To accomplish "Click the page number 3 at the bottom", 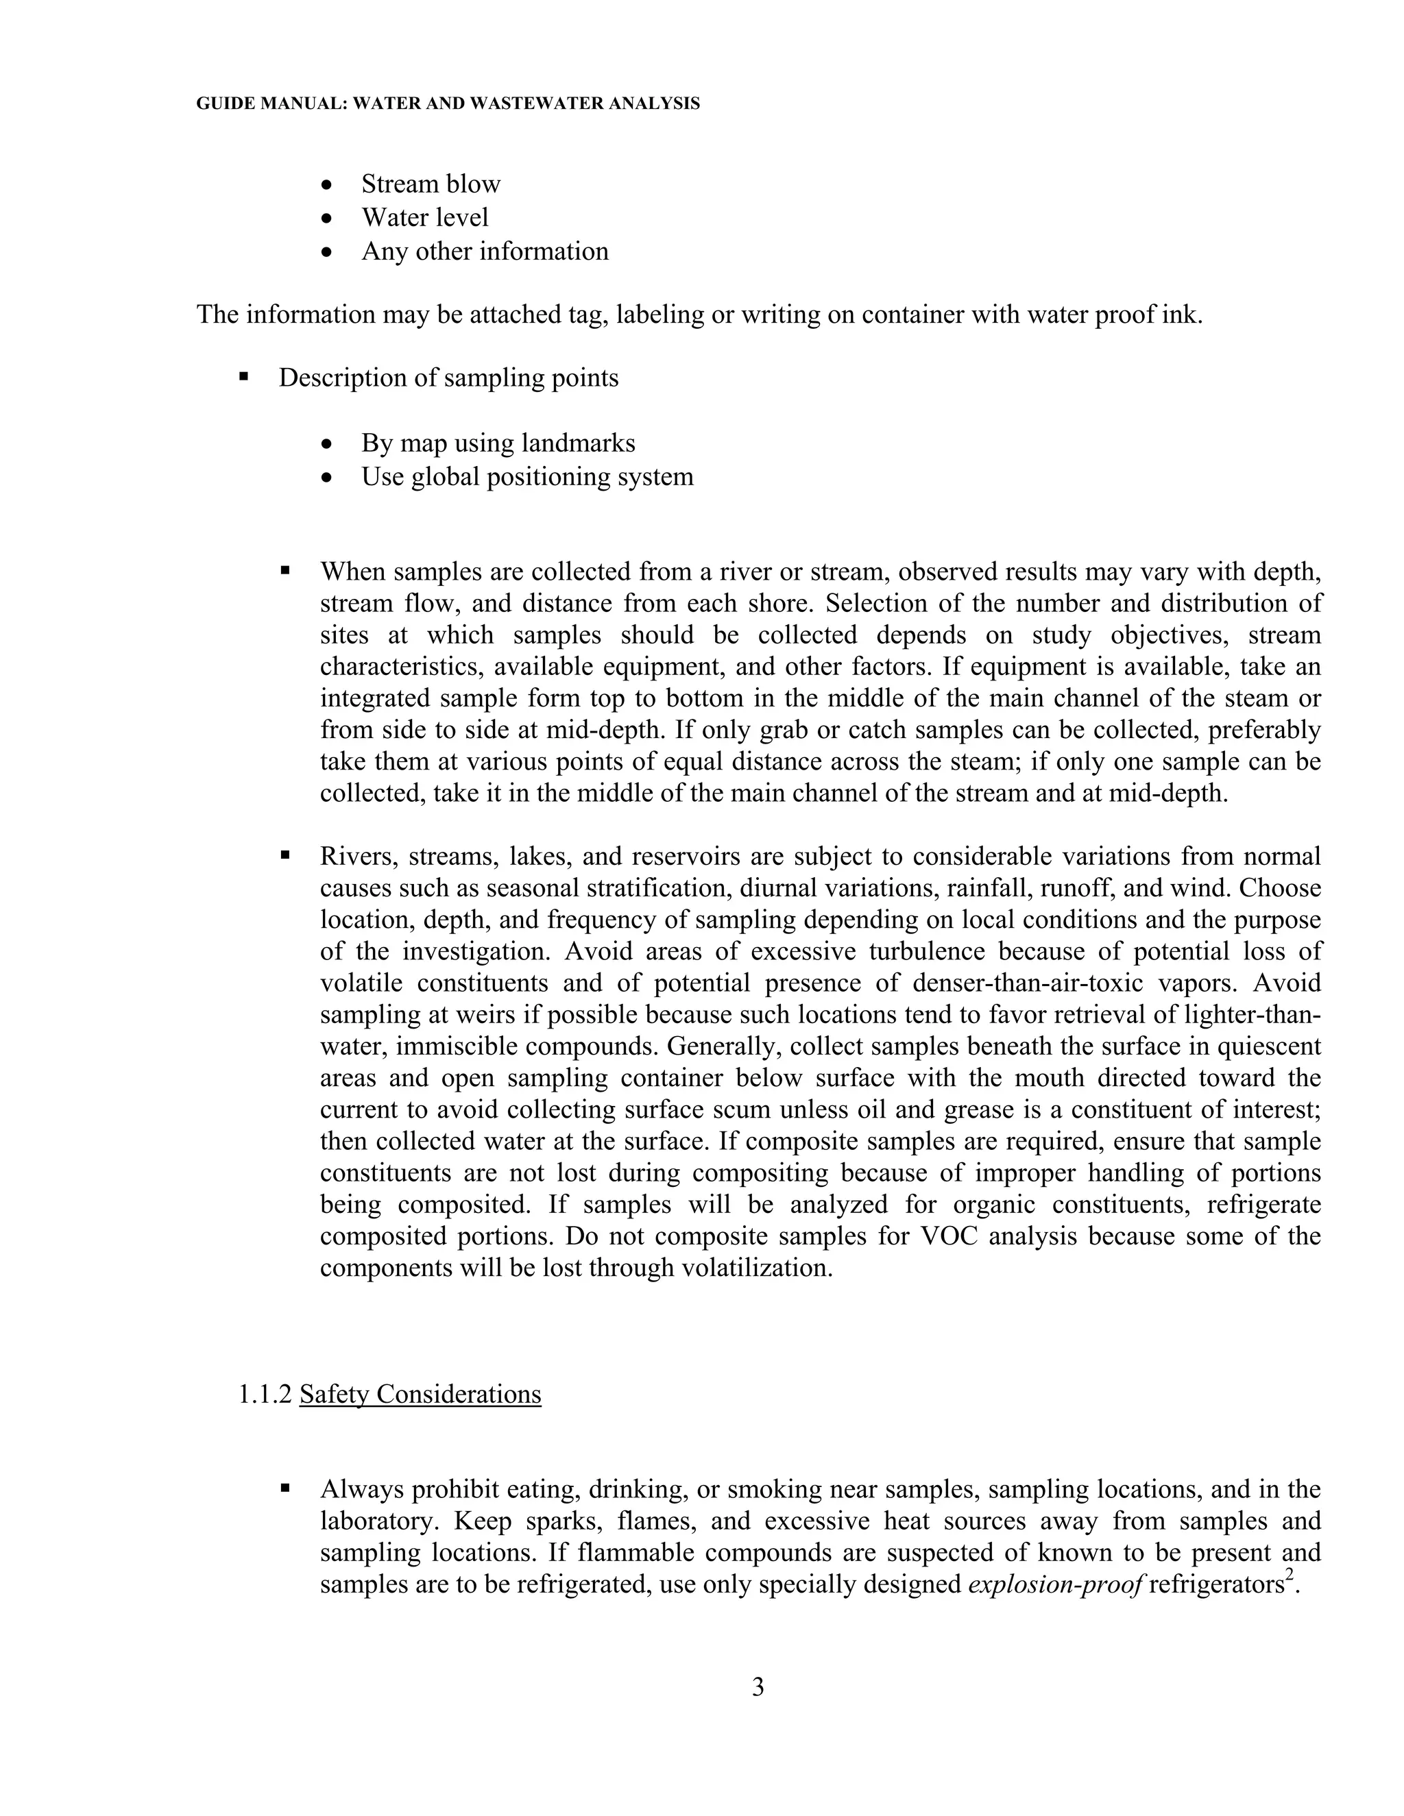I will (758, 1686).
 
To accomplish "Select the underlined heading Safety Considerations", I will (420, 1394).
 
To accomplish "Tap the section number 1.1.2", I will (265, 1394).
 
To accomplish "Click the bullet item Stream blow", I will (430, 184).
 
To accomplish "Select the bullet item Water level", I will (424, 217).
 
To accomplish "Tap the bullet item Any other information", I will (484, 251).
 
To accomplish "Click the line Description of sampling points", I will (448, 378).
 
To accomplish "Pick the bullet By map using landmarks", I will (498, 443).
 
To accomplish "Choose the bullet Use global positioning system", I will (526, 476).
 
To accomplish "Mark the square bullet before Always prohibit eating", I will (285, 1488).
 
